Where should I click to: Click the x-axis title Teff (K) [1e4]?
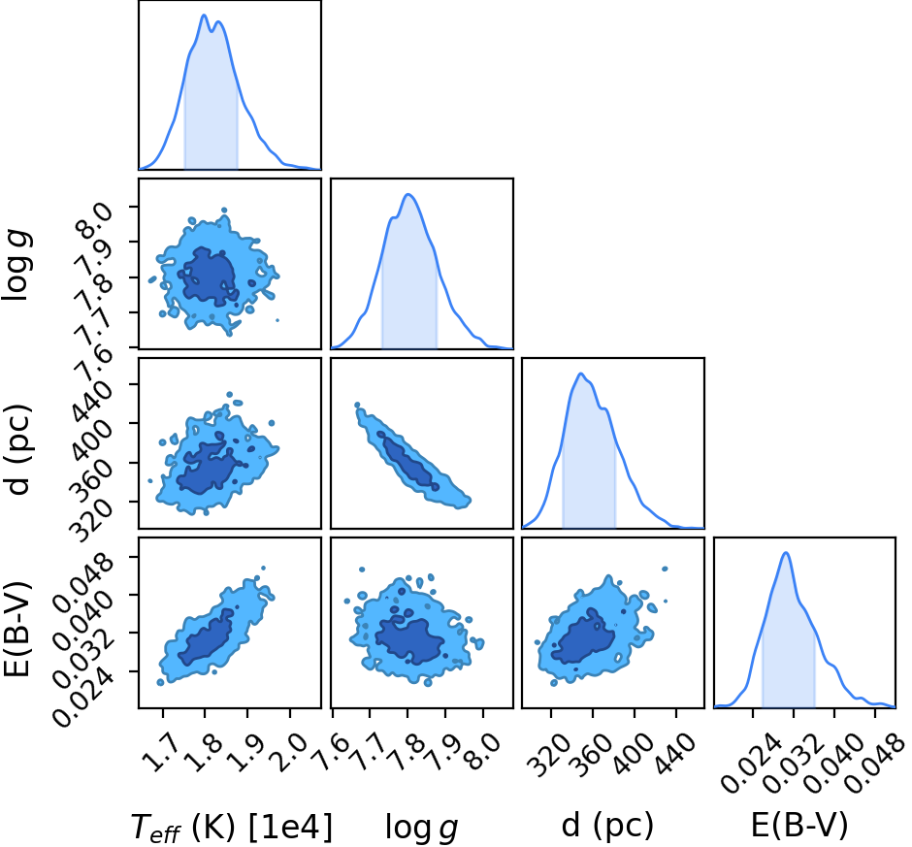tap(232, 826)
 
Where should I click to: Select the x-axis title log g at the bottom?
tap(422, 828)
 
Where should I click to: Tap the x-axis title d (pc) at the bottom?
tap(607, 826)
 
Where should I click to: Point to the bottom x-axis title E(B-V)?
tap(799, 825)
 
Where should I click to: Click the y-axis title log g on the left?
tap(16, 265)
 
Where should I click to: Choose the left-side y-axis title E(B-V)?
tap(16, 629)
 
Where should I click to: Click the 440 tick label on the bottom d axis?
tap(676, 755)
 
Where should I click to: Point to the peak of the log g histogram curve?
tap(408, 194)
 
